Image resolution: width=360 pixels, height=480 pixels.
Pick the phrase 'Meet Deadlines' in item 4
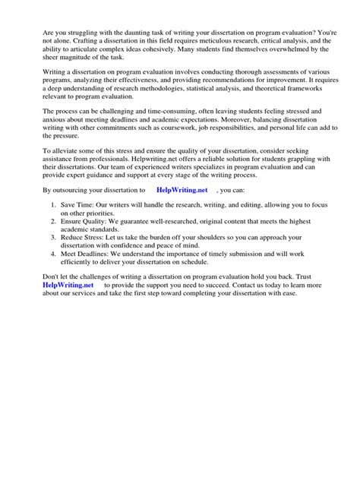coord(90,259)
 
